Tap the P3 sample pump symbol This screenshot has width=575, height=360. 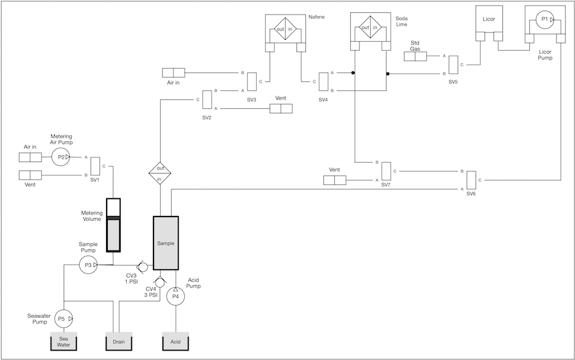pos(88,265)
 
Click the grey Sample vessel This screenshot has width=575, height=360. pos(166,243)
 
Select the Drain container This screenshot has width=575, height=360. pos(119,342)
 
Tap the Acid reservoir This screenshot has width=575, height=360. pos(176,342)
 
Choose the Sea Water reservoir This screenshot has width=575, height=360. pos(64,342)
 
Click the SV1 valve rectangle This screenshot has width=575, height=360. pos(95,166)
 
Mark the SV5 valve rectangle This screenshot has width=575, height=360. pos(453,65)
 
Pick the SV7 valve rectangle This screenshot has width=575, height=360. pos(386,171)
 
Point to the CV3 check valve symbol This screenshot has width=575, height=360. pos(142,266)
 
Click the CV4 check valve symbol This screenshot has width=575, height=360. pos(160,282)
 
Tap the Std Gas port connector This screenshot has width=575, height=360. pos(415,56)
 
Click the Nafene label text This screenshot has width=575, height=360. pos(317,17)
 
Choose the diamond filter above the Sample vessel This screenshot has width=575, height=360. pos(160,173)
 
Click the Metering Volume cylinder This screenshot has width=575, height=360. pos(113,225)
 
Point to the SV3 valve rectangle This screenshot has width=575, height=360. pos(252,81)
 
